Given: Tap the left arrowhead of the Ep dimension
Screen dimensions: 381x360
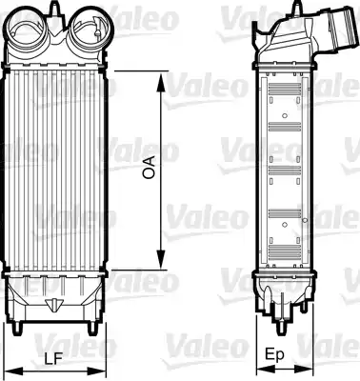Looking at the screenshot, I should tap(258, 369).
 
